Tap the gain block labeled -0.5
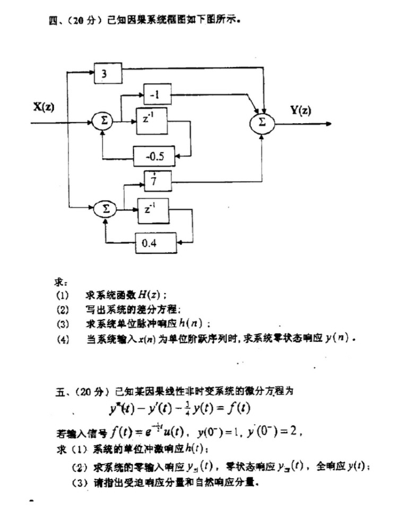(154, 156)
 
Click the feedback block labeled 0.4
(155, 244)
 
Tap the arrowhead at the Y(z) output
(329, 124)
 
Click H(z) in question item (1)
(153, 295)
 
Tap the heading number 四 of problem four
(51, 21)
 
